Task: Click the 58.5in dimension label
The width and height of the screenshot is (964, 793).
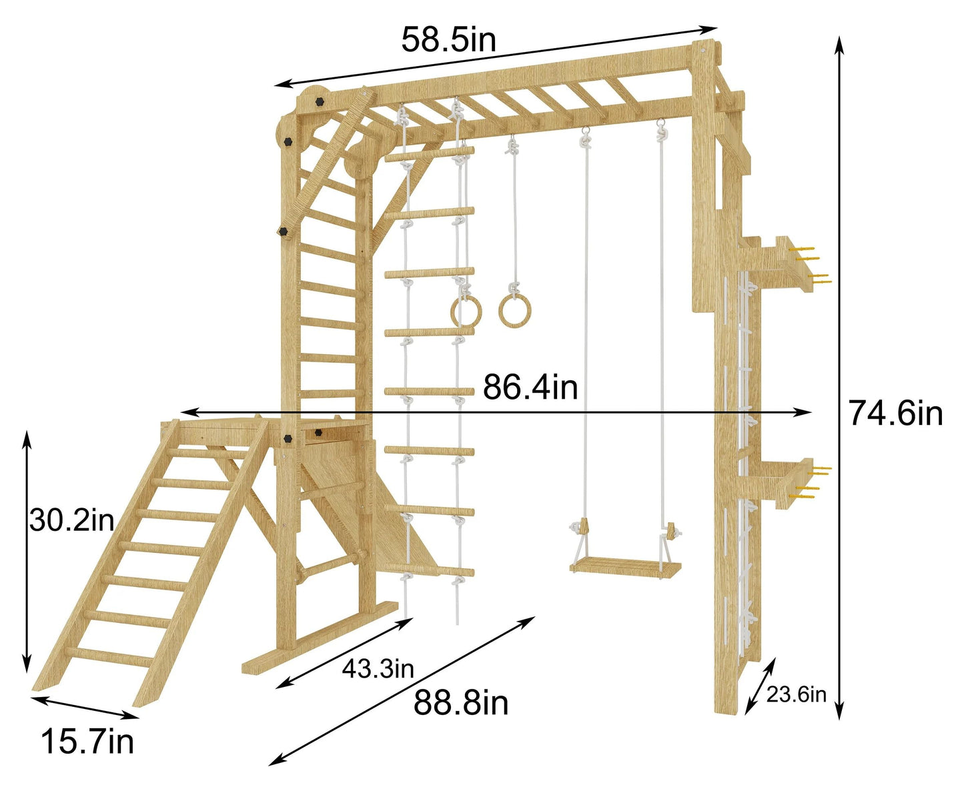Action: click(448, 40)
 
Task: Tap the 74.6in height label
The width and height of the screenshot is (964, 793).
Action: click(896, 413)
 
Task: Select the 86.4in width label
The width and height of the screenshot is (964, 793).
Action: click(530, 387)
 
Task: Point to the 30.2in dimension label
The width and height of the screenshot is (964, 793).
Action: click(72, 520)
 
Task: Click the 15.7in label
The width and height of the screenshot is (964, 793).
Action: click(87, 742)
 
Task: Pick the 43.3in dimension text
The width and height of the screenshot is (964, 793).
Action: click(378, 669)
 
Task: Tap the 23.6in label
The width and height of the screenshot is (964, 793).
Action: click(797, 695)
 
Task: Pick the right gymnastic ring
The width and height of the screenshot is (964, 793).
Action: click(514, 311)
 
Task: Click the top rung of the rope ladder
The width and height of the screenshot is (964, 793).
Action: click(429, 154)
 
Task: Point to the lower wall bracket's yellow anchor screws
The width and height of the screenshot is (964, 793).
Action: click(814, 483)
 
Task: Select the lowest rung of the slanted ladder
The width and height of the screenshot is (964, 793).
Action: click(109, 656)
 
